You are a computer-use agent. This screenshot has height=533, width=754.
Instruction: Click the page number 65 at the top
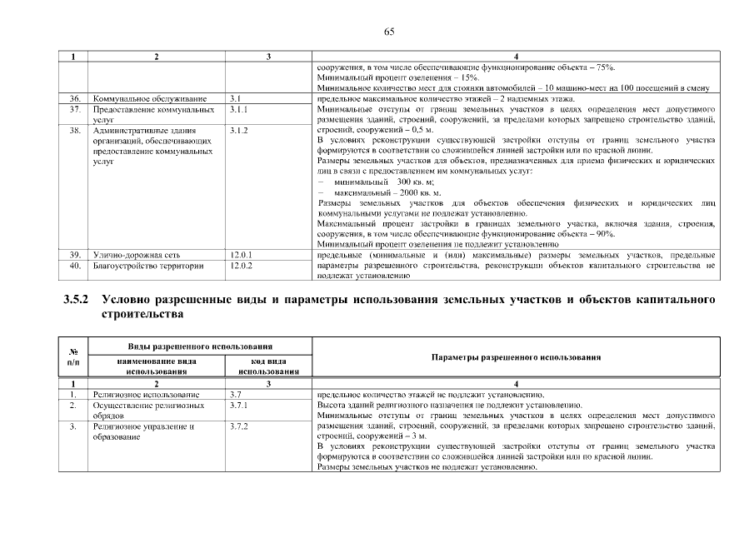(388, 32)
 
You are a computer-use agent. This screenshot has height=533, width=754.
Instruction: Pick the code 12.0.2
(241, 265)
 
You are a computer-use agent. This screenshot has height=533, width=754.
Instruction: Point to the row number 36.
(74, 99)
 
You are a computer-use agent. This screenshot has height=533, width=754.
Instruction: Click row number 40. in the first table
(74, 265)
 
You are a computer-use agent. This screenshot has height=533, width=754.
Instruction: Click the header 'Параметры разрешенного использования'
(517, 356)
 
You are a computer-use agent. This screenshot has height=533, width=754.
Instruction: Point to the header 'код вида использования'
(268, 366)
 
